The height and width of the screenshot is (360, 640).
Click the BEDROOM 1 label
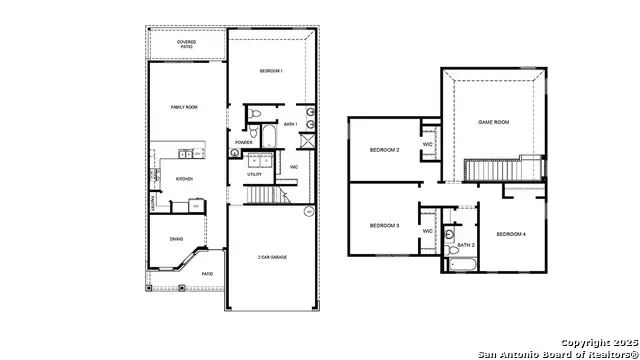click(x=270, y=71)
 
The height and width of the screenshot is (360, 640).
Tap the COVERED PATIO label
click(x=186, y=44)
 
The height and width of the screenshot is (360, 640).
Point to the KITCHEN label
click(x=184, y=179)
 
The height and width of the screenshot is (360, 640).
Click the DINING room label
click(x=176, y=238)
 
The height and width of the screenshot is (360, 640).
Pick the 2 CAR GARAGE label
click(x=272, y=257)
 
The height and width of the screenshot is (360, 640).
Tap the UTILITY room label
click(x=255, y=175)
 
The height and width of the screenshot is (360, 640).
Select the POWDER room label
click(x=243, y=142)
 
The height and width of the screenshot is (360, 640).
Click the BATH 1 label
click(x=291, y=125)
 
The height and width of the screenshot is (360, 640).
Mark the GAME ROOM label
click(x=495, y=121)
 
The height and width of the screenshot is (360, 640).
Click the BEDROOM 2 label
click(x=384, y=150)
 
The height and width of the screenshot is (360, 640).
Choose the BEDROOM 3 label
click(x=384, y=226)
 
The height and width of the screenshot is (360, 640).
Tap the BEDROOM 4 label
click(x=512, y=233)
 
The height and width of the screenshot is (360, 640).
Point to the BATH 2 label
click(x=466, y=245)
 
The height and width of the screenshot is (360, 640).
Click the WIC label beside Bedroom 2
click(x=428, y=144)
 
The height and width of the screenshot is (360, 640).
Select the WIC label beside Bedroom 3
click(x=427, y=231)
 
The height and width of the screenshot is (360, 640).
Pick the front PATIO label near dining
click(x=208, y=273)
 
